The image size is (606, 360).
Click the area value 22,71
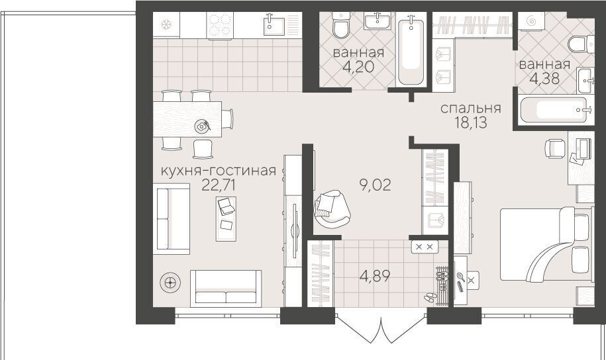click(219, 185)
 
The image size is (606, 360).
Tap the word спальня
click(471, 108)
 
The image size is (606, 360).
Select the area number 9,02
click(375, 185)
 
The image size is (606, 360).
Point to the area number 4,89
click(374, 276)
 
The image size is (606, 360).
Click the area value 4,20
click(358, 66)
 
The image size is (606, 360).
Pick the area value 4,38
click(544, 78)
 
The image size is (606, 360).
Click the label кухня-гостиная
click(219, 170)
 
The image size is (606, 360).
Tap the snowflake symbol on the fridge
click(167, 25)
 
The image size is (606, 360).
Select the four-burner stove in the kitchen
click(220, 25)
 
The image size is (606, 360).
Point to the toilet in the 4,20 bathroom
click(341, 26)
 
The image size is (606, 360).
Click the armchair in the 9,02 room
click(332, 208)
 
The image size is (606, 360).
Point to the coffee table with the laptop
click(226, 218)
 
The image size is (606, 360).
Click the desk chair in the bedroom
click(555, 149)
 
